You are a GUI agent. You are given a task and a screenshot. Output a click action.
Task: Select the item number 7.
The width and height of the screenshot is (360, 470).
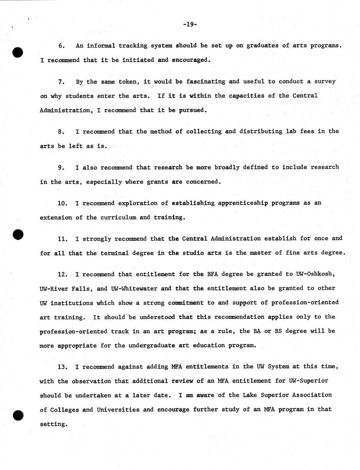click(x=61, y=82)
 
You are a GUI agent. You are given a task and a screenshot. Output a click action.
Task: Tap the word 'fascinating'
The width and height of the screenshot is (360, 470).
click(x=206, y=81)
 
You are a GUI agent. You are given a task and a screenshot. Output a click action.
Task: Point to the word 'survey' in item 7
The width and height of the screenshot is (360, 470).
click(x=325, y=81)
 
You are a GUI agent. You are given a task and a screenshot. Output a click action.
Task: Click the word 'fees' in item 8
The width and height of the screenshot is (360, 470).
click(x=307, y=131)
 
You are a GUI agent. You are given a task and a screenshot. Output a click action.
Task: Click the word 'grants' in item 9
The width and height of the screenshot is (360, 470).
click(x=158, y=182)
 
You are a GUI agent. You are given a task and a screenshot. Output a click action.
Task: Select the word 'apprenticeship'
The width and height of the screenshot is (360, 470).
click(x=243, y=203)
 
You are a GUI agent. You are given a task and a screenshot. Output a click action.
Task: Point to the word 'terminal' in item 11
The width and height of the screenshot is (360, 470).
click(x=115, y=253)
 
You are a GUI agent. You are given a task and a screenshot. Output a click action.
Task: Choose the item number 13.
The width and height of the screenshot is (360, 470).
click(x=63, y=367)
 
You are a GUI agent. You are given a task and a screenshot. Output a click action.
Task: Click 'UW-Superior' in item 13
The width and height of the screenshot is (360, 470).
click(x=308, y=381)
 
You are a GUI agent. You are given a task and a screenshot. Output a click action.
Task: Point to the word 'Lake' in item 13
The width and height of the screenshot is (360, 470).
click(x=250, y=395)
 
